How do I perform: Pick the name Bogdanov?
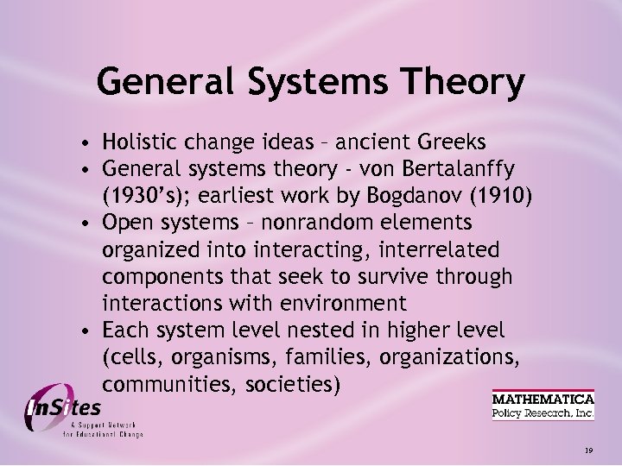(405, 195)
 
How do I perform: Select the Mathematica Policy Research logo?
(543, 406)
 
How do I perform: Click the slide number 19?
(588, 450)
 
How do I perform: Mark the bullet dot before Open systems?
(88, 224)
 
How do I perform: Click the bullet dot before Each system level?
(88, 331)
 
